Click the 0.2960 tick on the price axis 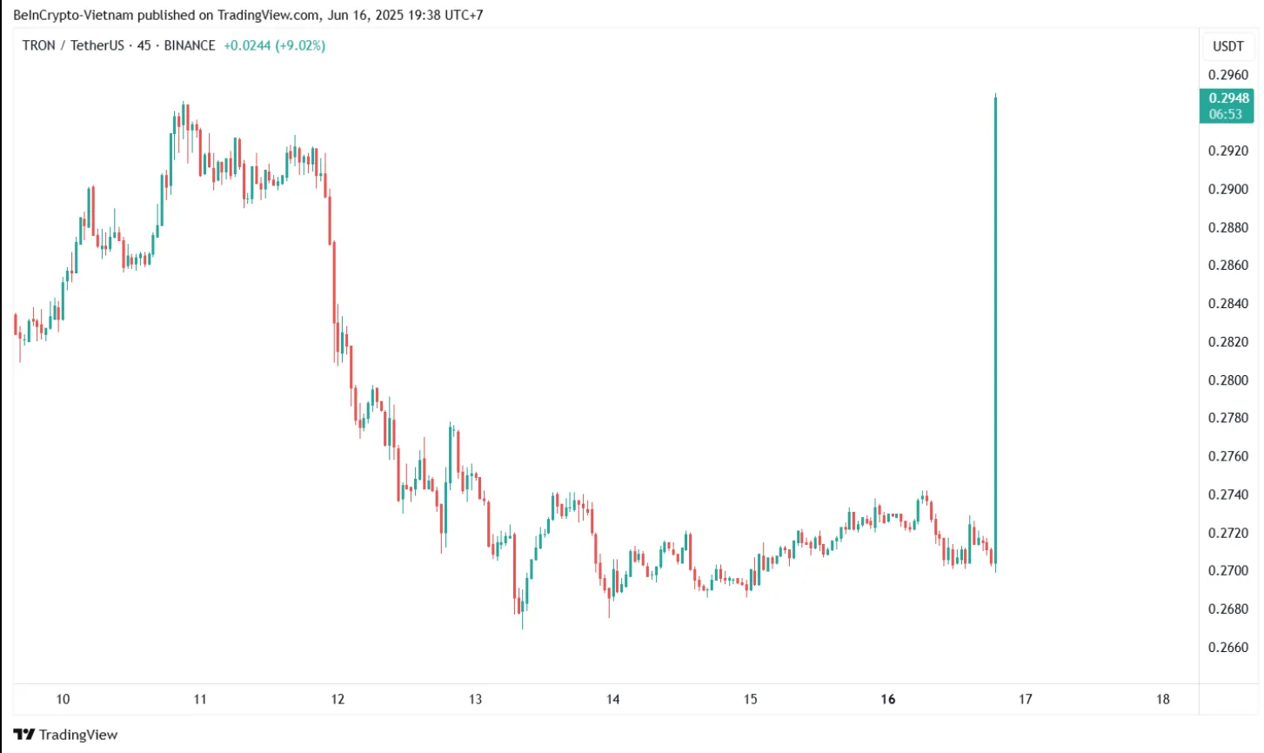point(1228,75)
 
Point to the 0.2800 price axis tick point(1228,380)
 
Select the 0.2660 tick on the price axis point(1228,648)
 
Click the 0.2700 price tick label point(1228,571)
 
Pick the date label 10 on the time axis point(63,699)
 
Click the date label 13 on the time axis point(475,699)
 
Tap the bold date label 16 point(887,699)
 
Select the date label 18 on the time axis point(1163,699)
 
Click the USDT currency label point(1228,46)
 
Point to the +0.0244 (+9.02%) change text point(274,45)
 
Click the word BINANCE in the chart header point(190,45)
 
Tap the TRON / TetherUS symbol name point(73,45)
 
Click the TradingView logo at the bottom point(66,735)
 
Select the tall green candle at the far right point(995,331)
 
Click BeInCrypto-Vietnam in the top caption point(73,15)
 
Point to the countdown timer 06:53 point(1226,114)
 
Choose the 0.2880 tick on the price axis point(1228,228)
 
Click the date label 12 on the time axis point(338,699)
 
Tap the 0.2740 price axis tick point(1228,495)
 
